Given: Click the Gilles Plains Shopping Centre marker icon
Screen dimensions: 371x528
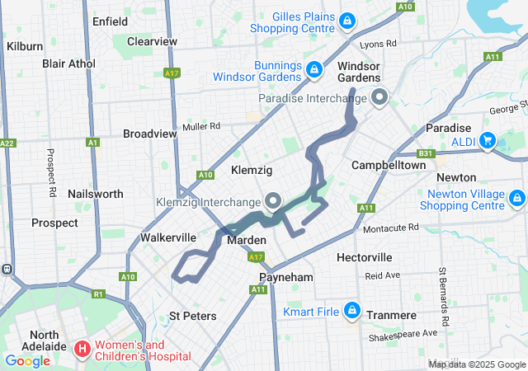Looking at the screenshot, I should coord(348,20).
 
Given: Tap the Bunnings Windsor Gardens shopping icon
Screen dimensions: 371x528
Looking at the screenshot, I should coord(313,68).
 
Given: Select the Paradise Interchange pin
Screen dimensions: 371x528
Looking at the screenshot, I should coord(379,98).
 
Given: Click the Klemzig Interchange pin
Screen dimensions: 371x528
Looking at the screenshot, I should coord(272,200).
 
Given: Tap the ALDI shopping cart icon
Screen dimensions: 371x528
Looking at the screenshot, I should coord(487,139).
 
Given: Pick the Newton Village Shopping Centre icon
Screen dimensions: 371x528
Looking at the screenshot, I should coord(517,198).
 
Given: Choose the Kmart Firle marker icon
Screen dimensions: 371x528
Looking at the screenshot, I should coord(351,311).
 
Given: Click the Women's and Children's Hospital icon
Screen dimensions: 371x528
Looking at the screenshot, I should coord(82,350).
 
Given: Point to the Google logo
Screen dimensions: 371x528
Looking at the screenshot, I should coord(27,360).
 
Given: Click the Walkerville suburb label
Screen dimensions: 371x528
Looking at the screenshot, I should coord(167,237).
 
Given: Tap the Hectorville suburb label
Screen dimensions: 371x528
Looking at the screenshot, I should coord(364,257).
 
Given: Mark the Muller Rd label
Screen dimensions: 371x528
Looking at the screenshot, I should coord(202,126).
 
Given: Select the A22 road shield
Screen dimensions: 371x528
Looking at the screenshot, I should coord(7,143).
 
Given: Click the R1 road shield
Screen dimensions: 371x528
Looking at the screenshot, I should coord(98,294).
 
